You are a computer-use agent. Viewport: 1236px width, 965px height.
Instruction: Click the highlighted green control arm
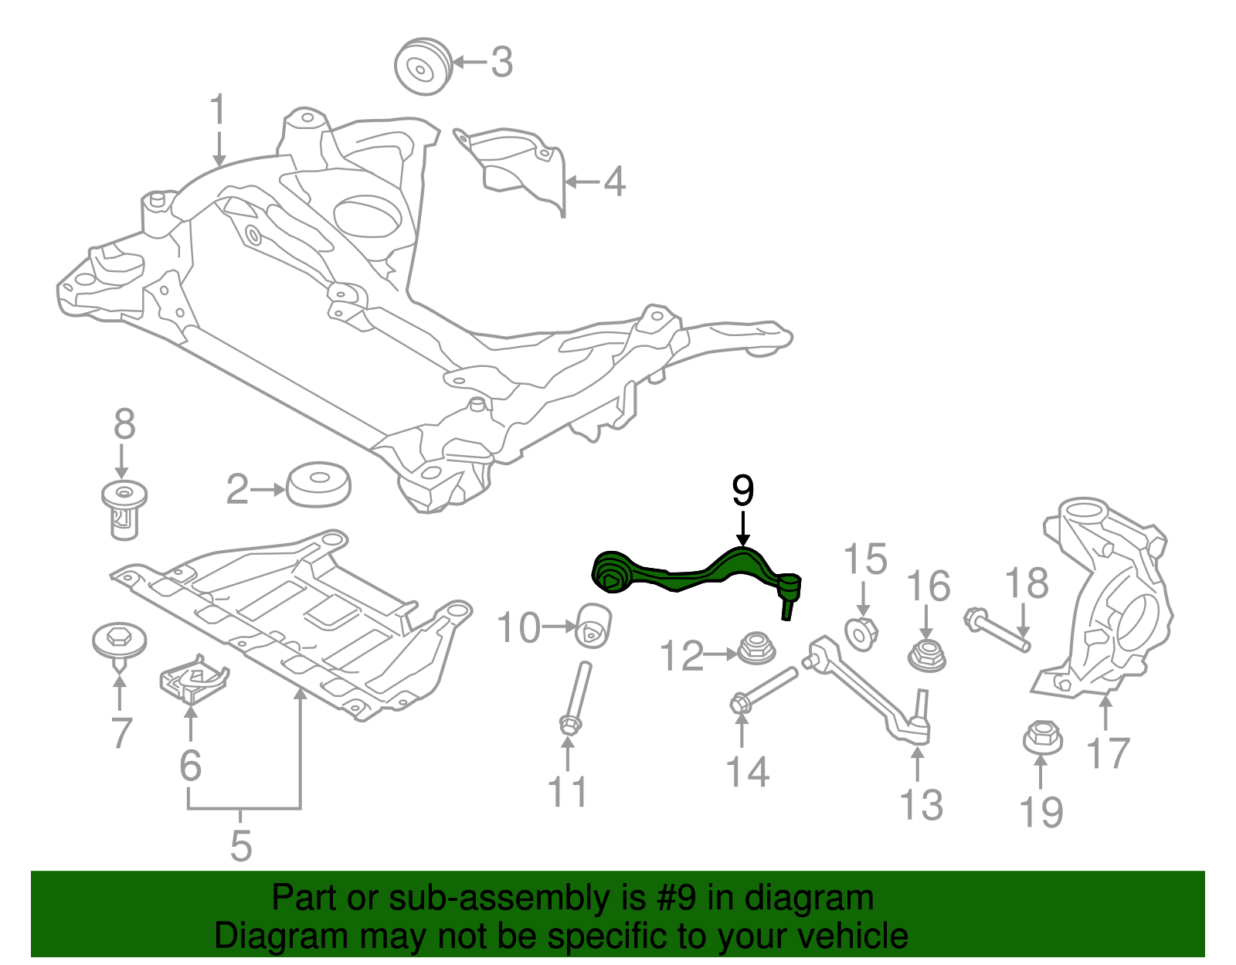click(x=695, y=576)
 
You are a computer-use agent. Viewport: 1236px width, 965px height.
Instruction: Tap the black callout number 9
click(x=742, y=491)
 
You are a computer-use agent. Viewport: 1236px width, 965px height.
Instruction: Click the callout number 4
click(x=614, y=182)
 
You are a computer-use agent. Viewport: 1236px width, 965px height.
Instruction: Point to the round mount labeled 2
click(x=319, y=484)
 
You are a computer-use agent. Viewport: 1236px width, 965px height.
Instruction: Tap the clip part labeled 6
click(x=193, y=680)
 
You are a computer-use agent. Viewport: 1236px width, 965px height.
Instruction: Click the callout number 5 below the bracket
click(x=241, y=846)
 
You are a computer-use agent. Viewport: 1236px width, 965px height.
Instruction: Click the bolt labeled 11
click(x=576, y=696)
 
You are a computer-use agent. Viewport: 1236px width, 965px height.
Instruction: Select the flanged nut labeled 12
click(x=756, y=648)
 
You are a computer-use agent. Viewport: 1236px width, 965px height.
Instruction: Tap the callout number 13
click(x=921, y=805)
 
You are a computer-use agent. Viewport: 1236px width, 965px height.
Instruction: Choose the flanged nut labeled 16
click(x=926, y=655)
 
